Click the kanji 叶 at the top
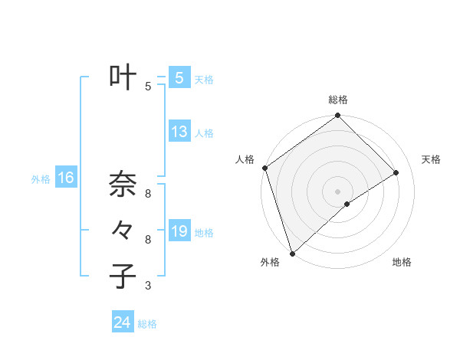coord(123,77)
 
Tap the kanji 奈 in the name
coord(123,184)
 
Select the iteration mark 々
coord(123,229)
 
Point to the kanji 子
coord(123,276)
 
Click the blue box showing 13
coord(179,132)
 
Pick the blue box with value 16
coord(66,178)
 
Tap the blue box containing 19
coord(179,231)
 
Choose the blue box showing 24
coord(123,322)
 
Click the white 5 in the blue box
coord(179,78)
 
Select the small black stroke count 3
coord(148,286)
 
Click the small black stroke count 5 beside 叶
coord(148,87)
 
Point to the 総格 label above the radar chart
coord(338,100)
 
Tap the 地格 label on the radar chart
coord(402,262)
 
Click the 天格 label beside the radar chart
coord(431,159)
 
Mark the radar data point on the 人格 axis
coord(264,168)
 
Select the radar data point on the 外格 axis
coord(292,253)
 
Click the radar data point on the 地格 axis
coord(347,204)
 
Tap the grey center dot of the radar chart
coord(337,191)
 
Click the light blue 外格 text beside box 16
coord(41,179)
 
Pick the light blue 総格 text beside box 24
coord(147,324)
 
